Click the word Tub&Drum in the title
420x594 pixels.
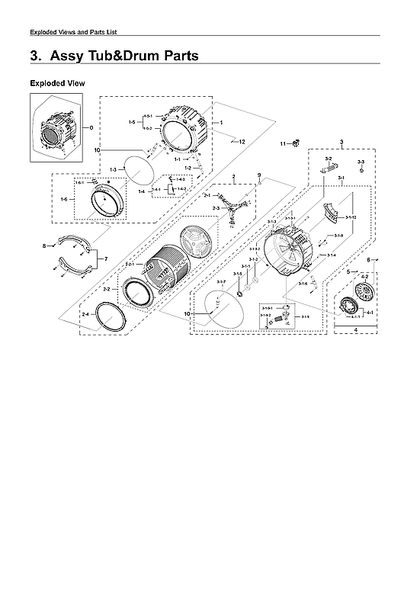pos(121,56)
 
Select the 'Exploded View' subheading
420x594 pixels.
pos(57,82)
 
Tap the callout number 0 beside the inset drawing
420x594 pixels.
pos(91,127)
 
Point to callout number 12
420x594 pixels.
pos(242,143)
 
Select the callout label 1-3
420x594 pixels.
pos(113,169)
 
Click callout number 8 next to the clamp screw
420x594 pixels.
pos(44,246)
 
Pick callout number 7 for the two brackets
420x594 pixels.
pos(106,259)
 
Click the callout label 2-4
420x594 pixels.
pos(85,314)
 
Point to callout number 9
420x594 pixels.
pos(258,175)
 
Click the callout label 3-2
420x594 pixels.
pos(329,159)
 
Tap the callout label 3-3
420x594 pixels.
pos(361,162)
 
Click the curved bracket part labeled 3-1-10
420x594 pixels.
pos(333,213)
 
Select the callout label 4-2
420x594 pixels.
pos(364,277)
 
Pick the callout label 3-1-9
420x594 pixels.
pos(305,316)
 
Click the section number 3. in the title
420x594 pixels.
pos(34,56)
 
